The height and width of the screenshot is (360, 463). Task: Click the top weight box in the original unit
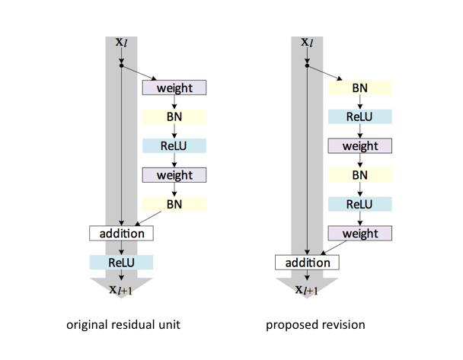click(x=174, y=88)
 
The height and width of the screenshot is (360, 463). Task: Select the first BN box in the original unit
click(x=174, y=116)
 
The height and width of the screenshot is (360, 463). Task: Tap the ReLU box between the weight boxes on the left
click(x=174, y=145)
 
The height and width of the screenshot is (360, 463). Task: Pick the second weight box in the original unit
click(x=174, y=174)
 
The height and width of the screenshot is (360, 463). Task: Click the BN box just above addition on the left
click(x=174, y=203)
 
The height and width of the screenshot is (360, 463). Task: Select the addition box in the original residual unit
click(x=122, y=233)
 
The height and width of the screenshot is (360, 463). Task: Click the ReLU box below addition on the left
click(x=122, y=262)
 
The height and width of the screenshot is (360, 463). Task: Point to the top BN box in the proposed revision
click(x=359, y=88)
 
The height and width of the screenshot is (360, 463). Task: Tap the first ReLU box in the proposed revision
click(x=359, y=116)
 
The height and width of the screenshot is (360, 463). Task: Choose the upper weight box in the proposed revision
click(x=359, y=145)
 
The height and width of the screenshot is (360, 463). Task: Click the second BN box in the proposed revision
click(x=359, y=174)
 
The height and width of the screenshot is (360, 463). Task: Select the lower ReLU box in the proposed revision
click(x=359, y=203)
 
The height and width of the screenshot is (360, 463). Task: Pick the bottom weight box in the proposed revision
click(x=359, y=233)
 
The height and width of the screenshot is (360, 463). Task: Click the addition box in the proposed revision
click(x=307, y=263)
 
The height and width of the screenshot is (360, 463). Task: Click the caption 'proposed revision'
click(x=315, y=325)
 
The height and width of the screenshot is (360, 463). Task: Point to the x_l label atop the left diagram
click(x=122, y=43)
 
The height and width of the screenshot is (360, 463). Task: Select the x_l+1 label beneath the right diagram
click(x=307, y=288)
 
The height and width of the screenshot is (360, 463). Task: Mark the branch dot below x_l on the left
click(x=122, y=66)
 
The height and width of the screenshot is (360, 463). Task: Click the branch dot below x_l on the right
click(x=307, y=66)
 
